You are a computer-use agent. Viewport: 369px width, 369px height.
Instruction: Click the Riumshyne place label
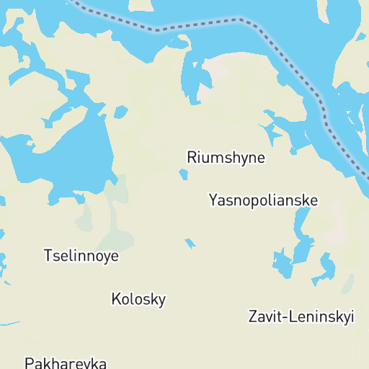point(226,157)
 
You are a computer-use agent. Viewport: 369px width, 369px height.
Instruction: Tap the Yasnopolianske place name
point(263,200)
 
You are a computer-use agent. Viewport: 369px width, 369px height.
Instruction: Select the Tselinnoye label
point(81,255)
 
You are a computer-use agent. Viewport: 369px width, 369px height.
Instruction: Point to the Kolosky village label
point(138,298)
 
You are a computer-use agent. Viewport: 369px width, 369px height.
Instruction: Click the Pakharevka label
point(66,363)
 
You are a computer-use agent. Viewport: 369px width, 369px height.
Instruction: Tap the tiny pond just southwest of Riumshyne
point(183,174)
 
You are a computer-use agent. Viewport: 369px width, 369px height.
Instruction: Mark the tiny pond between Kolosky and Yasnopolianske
point(190,244)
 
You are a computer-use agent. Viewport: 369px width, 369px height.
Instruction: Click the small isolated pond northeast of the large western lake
point(120,112)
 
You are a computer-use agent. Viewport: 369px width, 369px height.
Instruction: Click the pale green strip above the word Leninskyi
point(349,285)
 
